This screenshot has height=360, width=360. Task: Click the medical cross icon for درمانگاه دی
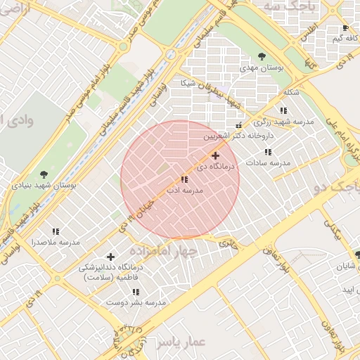tap(215, 155)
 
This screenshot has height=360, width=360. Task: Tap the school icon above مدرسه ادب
tap(184, 180)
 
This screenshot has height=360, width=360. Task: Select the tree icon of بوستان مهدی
tap(262, 56)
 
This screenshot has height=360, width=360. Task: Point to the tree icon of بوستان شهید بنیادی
tap(44, 173)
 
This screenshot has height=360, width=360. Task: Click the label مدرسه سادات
tap(267, 162)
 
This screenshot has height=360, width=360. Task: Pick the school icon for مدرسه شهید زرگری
tap(283, 110)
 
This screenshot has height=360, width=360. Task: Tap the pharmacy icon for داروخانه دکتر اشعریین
tap(239, 125)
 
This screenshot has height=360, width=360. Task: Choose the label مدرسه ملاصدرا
tap(56, 242)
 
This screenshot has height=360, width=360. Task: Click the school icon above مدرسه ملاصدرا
tap(56, 231)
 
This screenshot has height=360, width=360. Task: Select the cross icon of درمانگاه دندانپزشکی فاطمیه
tap(110, 257)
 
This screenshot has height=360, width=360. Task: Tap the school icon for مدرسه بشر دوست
tap(136, 292)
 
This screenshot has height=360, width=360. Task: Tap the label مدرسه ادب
tap(184, 191)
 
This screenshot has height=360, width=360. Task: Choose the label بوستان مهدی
tap(262, 67)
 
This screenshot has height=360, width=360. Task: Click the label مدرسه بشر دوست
tap(136, 302)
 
